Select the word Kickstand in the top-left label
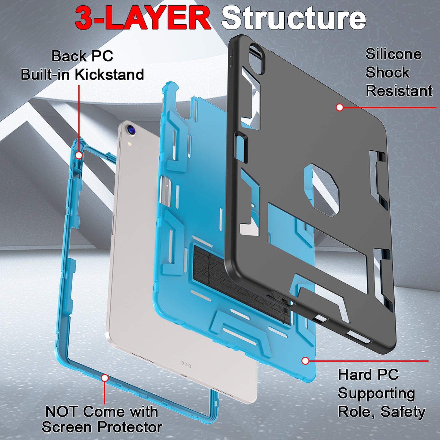[109, 74]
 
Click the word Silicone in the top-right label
[393, 54]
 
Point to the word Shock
[387, 72]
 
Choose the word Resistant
[399, 91]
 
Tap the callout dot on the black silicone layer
[340, 107]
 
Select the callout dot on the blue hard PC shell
[305, 361]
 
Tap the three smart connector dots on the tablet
[186, 365]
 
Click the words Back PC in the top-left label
[82, 56]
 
